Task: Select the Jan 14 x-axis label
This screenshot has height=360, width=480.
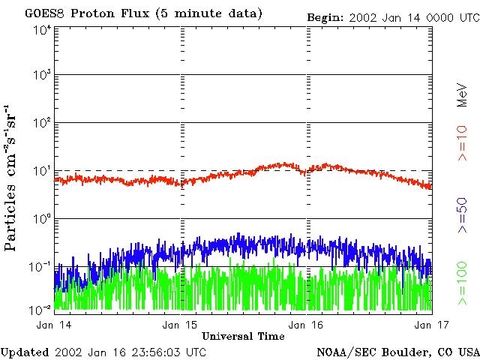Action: tap(53, 324)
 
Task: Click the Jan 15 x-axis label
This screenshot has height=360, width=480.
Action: tap(180, 324)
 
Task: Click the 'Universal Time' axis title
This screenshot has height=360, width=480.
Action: tap(243, 336)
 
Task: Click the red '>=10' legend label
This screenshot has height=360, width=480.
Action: tap(463, 143)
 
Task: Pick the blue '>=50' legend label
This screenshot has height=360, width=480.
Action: tap(463, 217)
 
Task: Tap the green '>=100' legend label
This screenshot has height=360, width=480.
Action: tap(463, 285)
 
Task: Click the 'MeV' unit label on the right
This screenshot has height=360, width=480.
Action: tap(463, 93)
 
